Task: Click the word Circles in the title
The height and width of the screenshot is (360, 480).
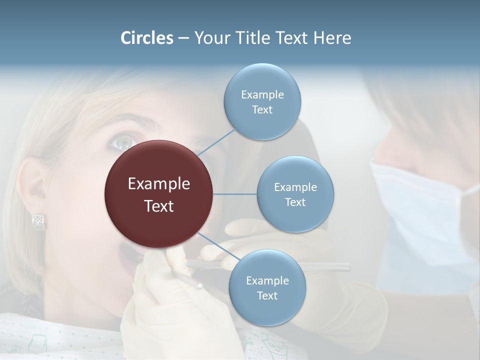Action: pyautogui.click(x=146, y=38)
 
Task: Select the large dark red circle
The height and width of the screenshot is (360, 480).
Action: pyautogui.click(x=159, y=194)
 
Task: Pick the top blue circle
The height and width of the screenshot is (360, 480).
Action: pyautogui.click(x=262, y=101)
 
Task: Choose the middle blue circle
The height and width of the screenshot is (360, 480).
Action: pyautogui.click(x=295, y=194)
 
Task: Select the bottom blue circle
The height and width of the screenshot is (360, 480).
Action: pyautogui.click(x=267, y=287)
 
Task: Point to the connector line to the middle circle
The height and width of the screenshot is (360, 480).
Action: pyautogui.click(x=235, y=194)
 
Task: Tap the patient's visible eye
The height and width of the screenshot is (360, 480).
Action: pyautogui.click(x=121, y=143)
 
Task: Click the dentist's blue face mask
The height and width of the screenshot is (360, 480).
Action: pyautogui.click(x=420, y=210)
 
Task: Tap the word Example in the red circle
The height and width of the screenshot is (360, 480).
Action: pyautogui.click(x=159, y=184)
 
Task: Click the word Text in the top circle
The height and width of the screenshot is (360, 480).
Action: pyautogui.click(x=262, y=109)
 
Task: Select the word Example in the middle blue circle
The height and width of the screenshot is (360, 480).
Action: pyautogui.click(x=295, y=187)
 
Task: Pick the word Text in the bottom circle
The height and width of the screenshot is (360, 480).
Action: pyautogui.click(x=267, y=295)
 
